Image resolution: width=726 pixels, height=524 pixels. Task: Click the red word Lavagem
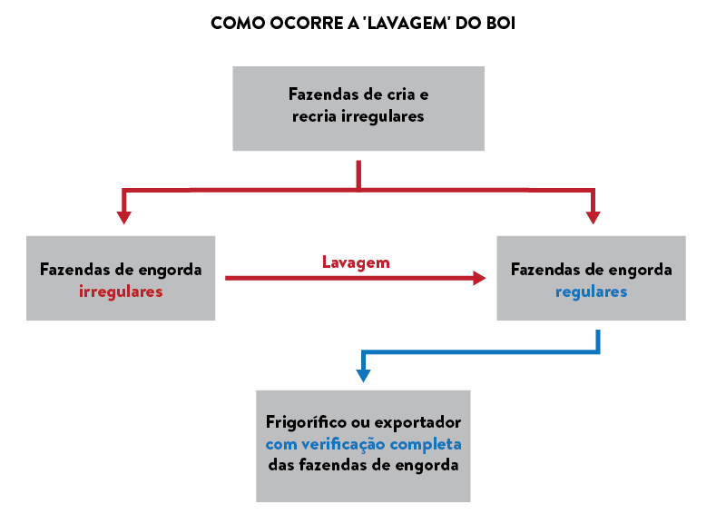point(356,262)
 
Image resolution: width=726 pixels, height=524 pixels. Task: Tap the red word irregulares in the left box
point(121,292)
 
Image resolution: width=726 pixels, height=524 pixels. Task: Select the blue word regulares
point(591,292)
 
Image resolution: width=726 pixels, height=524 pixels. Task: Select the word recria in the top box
point(314,116)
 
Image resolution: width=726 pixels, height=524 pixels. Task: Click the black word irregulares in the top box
point(383,116)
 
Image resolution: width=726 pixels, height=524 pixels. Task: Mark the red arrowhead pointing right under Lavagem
point(479,278)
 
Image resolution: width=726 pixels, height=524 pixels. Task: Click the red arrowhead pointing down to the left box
point(124,218)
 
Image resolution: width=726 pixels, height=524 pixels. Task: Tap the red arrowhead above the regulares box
point(593,218)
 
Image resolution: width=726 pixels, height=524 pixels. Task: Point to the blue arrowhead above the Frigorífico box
point(363,374)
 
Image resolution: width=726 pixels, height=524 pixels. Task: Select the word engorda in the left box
point(171,270)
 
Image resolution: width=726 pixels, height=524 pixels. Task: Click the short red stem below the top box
point(358,173)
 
